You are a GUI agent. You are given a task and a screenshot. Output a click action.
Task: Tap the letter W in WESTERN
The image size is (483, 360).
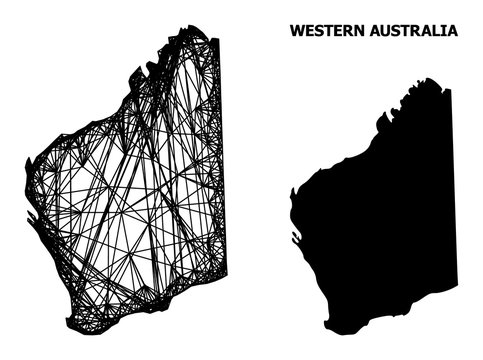(295, 31)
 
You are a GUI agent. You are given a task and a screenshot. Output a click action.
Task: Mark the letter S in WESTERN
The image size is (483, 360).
(319, 31)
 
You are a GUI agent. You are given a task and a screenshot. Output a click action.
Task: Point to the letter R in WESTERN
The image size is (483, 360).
(343, 31)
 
